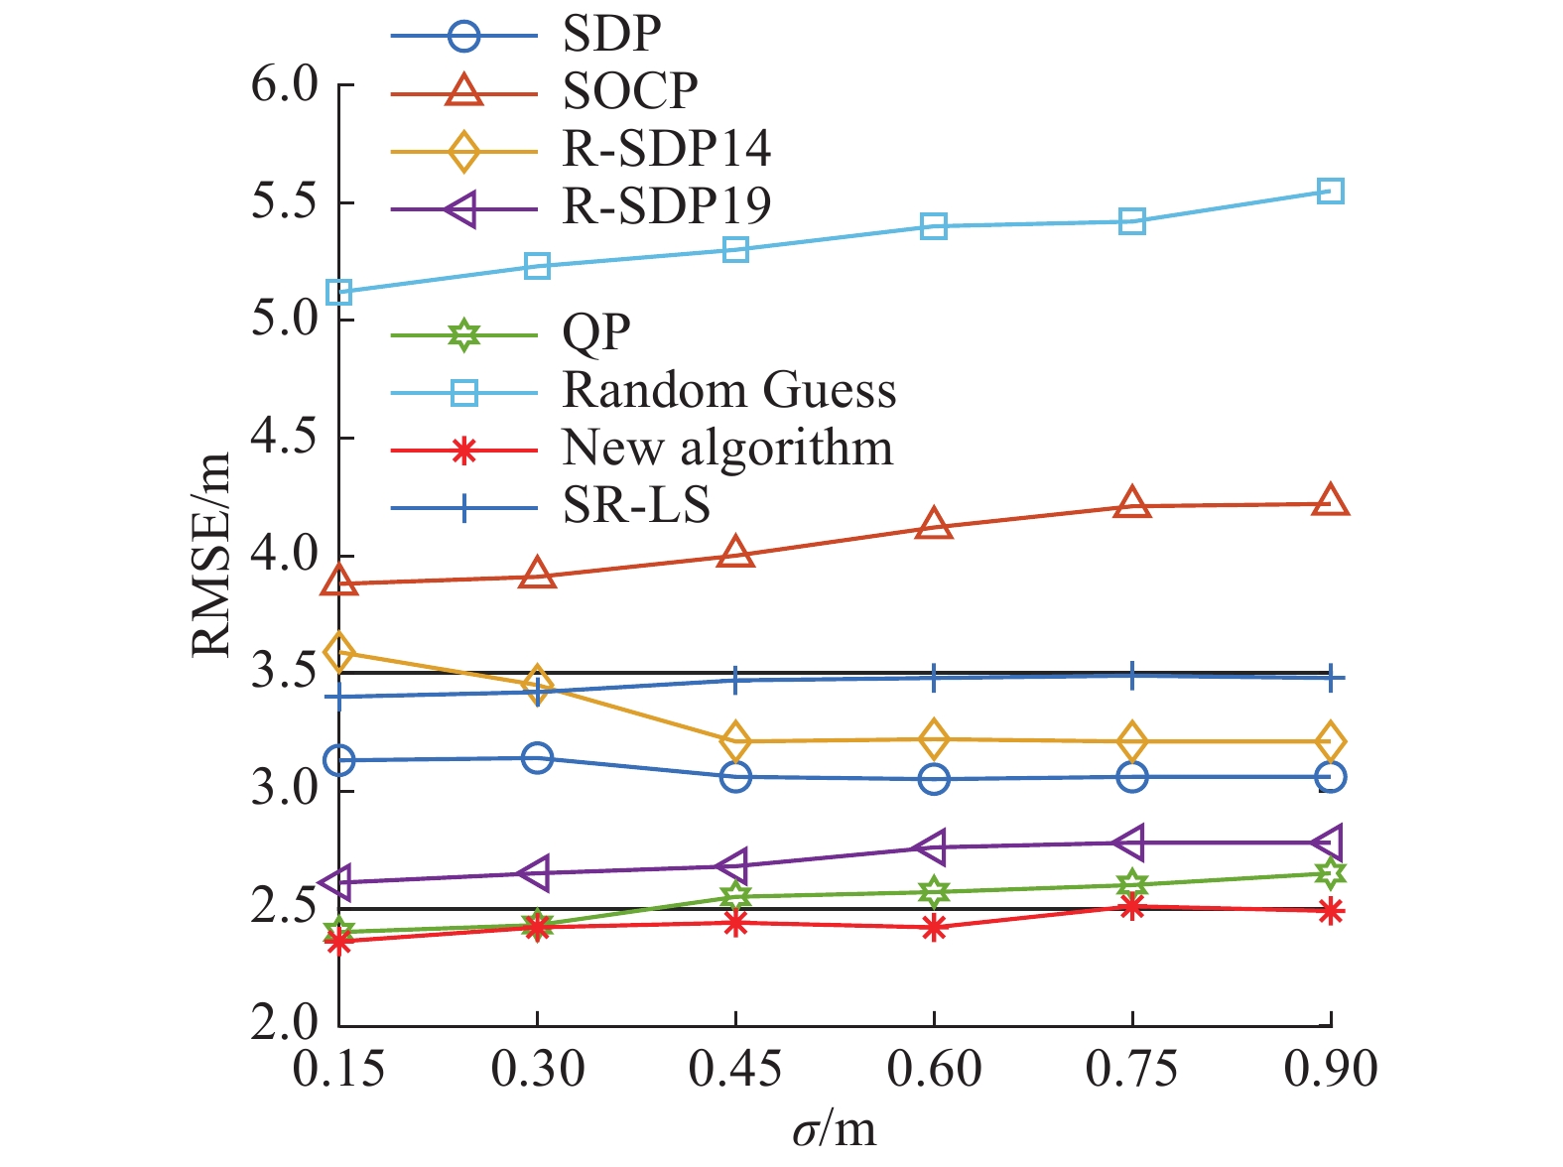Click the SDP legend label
point(611,35)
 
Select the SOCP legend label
point(630,92)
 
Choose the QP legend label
point(596,333)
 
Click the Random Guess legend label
point(729,391)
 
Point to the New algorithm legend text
point(727,449)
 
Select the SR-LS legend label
point(637,506)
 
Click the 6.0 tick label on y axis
point(285,85)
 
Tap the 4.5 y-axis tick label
point(285,438)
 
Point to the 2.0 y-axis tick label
point(285,1024)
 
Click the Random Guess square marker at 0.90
point(1331,191)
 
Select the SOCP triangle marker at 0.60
point(934,525)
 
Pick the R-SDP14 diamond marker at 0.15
point(339,652)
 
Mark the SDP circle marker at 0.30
point(537,758)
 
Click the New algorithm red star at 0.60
point(934,929)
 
